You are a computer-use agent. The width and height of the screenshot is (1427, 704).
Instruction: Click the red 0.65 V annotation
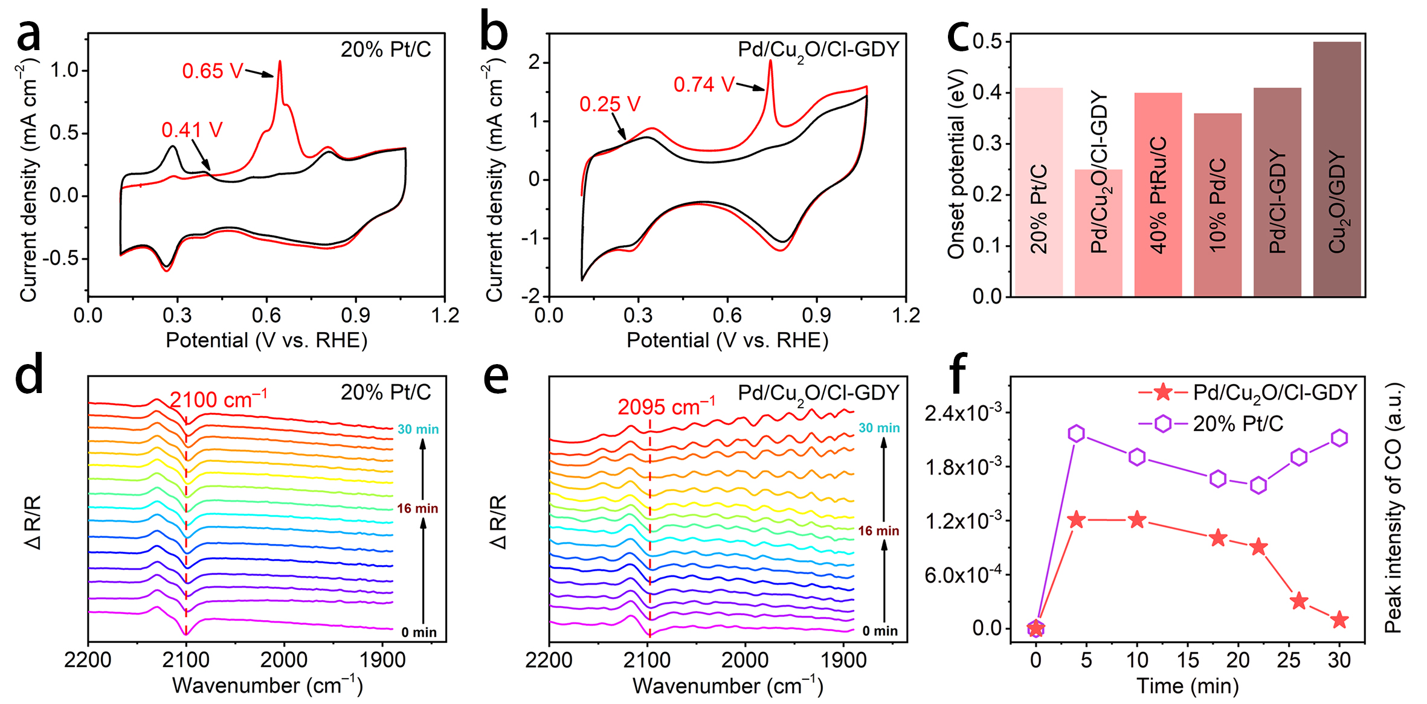(x=212, y=71)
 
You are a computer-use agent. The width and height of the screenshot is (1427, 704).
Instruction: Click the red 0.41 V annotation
(x=192, y=130)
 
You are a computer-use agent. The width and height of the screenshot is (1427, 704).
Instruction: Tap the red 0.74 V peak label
(x=704, y=85)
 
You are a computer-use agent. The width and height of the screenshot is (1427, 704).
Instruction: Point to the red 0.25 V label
(x=610, y=104)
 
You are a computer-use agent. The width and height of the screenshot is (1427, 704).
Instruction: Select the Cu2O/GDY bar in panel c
(x=1337, y=169)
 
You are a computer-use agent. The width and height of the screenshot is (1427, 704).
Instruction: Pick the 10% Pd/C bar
(x=1217, y=205)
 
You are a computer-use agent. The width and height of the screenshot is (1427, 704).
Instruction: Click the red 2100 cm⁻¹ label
(x=218, y=400)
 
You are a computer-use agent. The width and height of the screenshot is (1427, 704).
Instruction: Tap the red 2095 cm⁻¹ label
(x=666, y=407)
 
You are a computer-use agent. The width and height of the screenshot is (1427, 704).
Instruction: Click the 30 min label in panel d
(x=418, y=429)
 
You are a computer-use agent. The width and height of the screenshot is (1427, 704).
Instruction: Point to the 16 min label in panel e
(x=878, y=531)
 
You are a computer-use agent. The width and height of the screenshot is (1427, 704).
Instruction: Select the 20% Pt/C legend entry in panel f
(x=1237, y=424)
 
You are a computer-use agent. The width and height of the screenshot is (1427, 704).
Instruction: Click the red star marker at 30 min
(x=1339, y=619)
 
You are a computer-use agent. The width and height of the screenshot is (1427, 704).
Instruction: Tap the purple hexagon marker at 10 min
(x=1137, y=457)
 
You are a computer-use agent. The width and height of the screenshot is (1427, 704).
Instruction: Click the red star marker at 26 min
(x=1299, y=601)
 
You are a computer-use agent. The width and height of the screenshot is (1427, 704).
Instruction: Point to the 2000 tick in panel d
(x=284, y=660)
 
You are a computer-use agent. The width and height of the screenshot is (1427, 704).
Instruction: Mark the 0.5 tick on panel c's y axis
(x=987, y=41)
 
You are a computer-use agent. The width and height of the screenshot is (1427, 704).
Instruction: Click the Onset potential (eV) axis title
(x=956, y=164)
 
